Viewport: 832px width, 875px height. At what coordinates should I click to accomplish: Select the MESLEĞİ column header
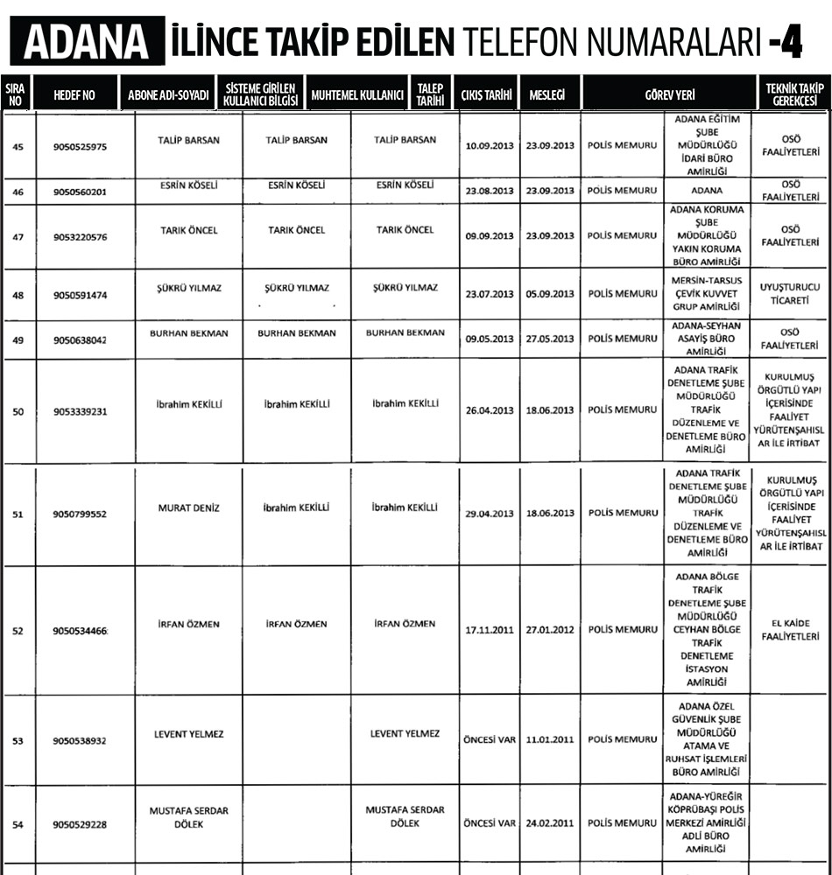547,94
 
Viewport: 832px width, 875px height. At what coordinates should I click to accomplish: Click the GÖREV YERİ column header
669,94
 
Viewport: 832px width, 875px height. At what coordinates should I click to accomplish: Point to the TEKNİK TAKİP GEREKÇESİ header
795,94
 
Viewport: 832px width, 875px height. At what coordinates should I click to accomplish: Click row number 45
18,146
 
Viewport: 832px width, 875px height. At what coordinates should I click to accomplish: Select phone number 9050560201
80,192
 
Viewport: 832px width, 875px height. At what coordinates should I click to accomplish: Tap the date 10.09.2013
490,145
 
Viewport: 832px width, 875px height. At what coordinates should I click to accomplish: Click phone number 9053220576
80,236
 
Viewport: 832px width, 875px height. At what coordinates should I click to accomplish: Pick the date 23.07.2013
490,294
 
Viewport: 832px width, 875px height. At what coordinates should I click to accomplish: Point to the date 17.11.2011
490,630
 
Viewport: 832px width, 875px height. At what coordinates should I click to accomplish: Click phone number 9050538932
80,740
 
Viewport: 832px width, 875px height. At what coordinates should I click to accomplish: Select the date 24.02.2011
550,823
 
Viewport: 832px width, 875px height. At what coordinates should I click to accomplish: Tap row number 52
18,630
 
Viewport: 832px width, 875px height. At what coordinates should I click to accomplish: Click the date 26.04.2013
490,409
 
